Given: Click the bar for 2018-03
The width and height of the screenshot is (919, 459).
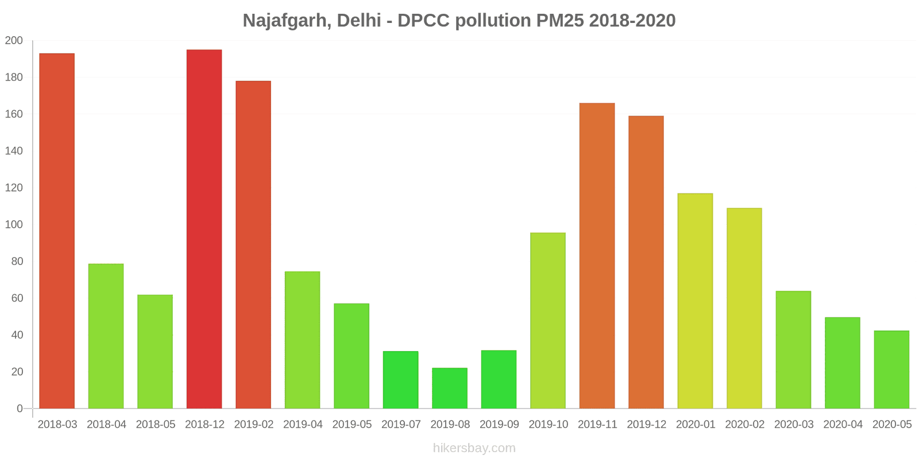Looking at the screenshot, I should click(57, 231).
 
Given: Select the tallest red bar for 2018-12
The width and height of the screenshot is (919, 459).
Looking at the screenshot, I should click(204, 229).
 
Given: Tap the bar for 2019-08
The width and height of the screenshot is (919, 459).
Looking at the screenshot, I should click(450, 388).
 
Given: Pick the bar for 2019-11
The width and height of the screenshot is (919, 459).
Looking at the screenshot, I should click(597, 256).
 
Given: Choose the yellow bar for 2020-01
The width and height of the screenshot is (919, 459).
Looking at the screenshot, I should click(695, 301).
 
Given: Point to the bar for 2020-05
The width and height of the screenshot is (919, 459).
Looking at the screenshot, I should click(891, 369).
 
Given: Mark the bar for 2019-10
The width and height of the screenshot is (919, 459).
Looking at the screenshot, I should click(548, 320).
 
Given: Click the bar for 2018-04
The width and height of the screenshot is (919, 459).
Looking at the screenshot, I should click(106, 336).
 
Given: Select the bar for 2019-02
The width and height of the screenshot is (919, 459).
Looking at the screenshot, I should click(253, 244).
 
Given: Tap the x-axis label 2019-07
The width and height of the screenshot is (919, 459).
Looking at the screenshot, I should click(401, 425).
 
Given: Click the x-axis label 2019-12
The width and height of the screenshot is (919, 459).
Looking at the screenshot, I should click(646, 425).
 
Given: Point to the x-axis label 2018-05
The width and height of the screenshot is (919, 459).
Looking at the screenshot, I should click(156, 425).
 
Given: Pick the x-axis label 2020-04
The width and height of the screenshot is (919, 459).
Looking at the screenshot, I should click(843, 425).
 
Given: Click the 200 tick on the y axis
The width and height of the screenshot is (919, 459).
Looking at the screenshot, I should click(14, 41).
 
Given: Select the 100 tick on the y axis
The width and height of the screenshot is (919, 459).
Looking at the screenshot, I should click(14, 224).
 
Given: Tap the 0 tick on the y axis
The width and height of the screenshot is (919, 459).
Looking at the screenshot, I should click(20, 409).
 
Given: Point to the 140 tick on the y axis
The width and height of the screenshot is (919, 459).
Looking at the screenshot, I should click(14, 151).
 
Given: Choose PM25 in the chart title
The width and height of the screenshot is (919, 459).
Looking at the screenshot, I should click(560, 21).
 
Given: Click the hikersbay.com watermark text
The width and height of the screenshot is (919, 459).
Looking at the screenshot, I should click(474, 448).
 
